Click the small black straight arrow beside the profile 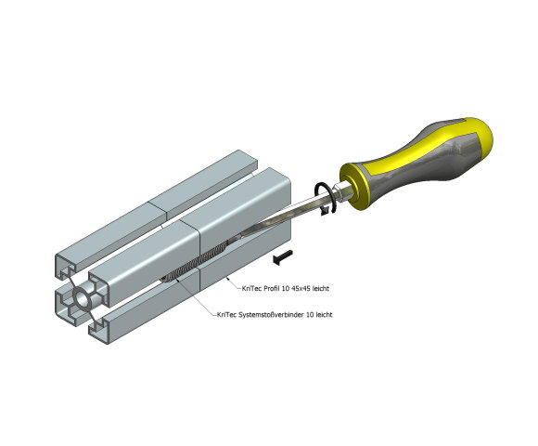283,257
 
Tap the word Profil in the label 272,288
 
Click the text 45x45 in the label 301,288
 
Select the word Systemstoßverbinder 271,314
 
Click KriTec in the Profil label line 251,288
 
